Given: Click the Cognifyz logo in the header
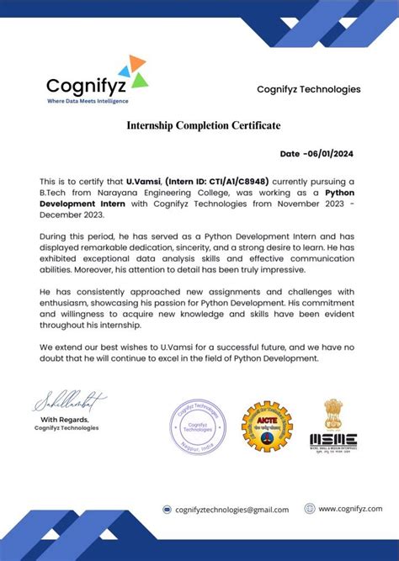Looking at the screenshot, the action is [97, 77].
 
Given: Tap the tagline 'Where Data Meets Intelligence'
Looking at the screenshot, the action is [87, 101].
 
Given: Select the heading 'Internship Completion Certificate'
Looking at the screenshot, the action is [204, 125].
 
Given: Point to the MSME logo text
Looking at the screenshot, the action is [333, 441].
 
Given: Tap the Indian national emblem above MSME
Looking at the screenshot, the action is [334, 413].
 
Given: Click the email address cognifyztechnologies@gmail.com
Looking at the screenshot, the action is [231, 510].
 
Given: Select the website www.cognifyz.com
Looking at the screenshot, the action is [349, 509].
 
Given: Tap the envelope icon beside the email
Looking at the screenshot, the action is [167, 510].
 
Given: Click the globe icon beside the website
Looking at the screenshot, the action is [310, 509].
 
